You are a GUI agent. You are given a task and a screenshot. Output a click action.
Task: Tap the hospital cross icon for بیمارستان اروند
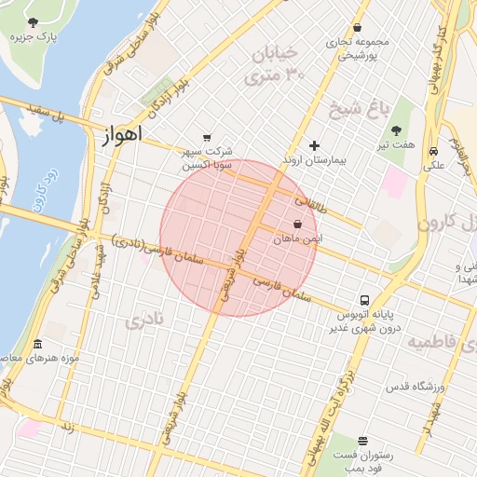click(x=314, y=145)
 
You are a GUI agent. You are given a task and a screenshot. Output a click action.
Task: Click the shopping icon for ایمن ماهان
click(x=297, y=225)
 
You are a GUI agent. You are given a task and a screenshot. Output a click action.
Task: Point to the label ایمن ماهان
click(x=296, y=239)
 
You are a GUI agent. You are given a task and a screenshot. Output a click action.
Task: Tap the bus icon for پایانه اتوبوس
click(x=363, y=301)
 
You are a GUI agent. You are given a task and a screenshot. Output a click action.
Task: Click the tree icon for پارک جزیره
click(x=34, y=21)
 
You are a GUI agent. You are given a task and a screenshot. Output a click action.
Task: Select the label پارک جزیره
click(x=34, y=37)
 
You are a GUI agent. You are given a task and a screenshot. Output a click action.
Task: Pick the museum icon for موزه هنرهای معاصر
click(x=36, y=344)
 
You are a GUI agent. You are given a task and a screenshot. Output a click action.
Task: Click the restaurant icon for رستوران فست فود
click(x=362, y=441)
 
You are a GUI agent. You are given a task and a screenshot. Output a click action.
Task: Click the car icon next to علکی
click(x=434, y=152)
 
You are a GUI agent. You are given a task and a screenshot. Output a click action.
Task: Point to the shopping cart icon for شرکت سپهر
click(x=206, y=137)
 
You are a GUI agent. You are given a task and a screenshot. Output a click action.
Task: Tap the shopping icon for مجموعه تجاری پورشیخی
click(x=359, y=28)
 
